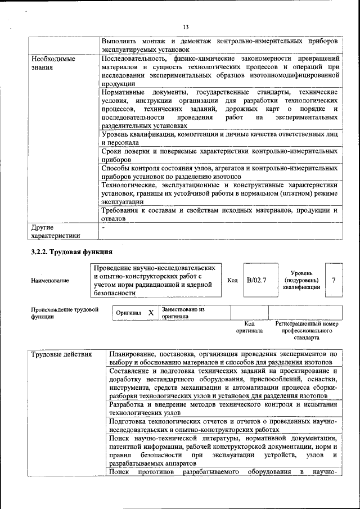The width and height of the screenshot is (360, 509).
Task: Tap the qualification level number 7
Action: click(334, 280)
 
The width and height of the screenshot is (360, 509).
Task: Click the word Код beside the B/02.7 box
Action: click(232, 280)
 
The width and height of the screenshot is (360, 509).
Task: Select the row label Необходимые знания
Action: click(53, 62)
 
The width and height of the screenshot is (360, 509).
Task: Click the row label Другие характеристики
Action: click(56, 232)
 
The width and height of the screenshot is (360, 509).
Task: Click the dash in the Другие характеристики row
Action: click(104, 228)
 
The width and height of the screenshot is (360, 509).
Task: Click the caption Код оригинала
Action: click(249, 327)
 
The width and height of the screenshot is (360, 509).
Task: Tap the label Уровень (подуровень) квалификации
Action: click(302, 280)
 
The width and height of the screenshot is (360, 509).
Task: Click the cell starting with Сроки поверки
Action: click(219, 155)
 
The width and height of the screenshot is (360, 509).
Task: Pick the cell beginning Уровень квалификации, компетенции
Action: click(219, 139)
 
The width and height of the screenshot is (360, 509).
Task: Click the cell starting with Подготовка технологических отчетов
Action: click(223, 425)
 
